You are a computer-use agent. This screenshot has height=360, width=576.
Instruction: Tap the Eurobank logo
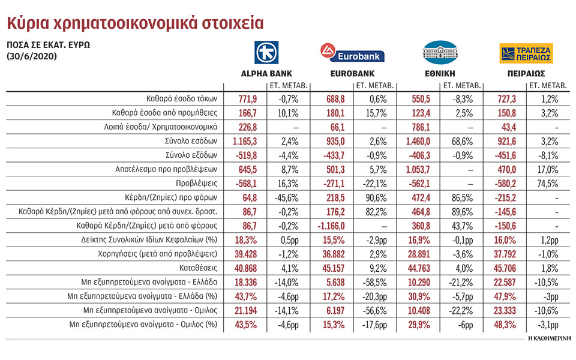(x=352, y=53)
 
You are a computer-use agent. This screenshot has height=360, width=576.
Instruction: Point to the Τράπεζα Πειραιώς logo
(x=526, y=53)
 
